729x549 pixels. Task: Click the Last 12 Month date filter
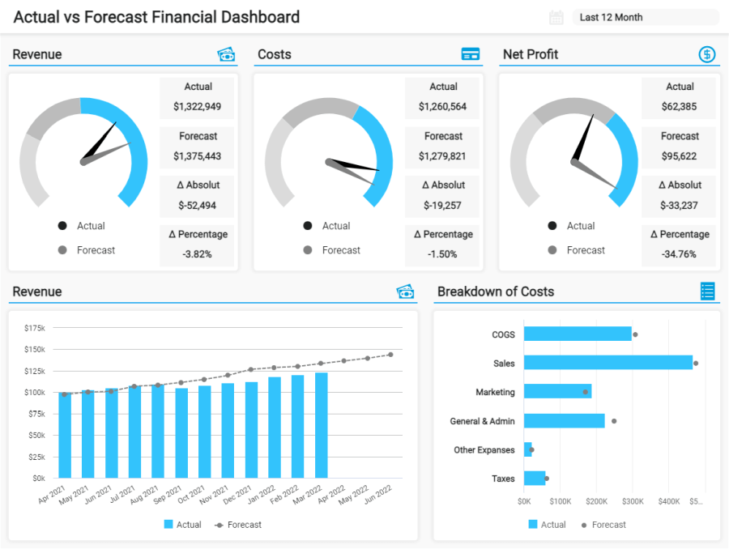pos(645,17)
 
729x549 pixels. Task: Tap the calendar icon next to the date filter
pos(556,17)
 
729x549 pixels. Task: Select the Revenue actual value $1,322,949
pos(197,106)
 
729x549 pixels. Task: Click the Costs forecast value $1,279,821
pos(443,155)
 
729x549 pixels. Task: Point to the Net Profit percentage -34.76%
pos(680,253)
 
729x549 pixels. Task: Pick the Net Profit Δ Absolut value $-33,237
pos(680,205)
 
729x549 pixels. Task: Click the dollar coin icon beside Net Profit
pos(707,54)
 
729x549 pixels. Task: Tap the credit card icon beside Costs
pos(470,54)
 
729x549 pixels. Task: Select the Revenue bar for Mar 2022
pos(322,425)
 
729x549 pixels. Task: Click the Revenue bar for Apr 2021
pos(65,435)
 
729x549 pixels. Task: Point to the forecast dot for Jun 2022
pos(390,355)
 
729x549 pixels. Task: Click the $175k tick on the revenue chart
pos(35,328)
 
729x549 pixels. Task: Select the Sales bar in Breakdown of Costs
pos(607,363)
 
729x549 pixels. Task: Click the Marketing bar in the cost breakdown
pos(557,392)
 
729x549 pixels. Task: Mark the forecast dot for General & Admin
pos(614,421)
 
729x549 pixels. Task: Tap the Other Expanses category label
pos(484,450)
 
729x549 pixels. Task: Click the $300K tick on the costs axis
pos(633,502)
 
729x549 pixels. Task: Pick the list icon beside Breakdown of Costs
pos(707,292)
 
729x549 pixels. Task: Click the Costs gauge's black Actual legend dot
pos(307,226)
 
